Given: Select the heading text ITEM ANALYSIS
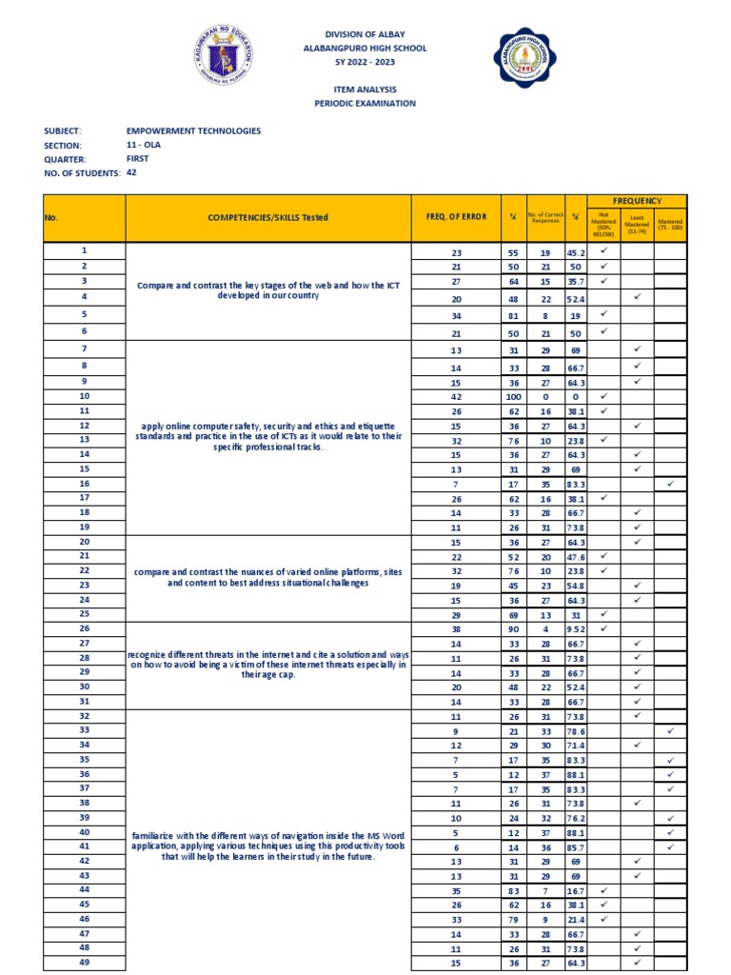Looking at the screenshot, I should (x=365, y=90).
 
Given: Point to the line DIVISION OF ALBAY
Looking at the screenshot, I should (x=365, y=33).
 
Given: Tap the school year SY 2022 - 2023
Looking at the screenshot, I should (x=365, y=62).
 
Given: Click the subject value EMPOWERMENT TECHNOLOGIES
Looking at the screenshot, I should (x=193, y=130).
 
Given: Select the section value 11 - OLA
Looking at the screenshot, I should (x=145, y=145).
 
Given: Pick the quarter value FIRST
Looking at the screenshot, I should (x=138, y=159).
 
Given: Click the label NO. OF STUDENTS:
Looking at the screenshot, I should (x=82, y=173).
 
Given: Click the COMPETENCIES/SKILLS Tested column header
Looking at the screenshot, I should (x=267, y=218).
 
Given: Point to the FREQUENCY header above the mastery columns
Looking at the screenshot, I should (x=637, y=201).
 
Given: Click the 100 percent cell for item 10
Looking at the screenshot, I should (x=513, y=396).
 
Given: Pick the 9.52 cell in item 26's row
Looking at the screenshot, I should (x=577, y=628).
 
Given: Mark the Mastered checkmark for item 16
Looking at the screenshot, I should (x=670, y=484).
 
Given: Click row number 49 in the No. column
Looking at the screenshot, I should (x=84, y=962).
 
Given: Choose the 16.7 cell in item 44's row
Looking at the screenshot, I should (x=577, y=889).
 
